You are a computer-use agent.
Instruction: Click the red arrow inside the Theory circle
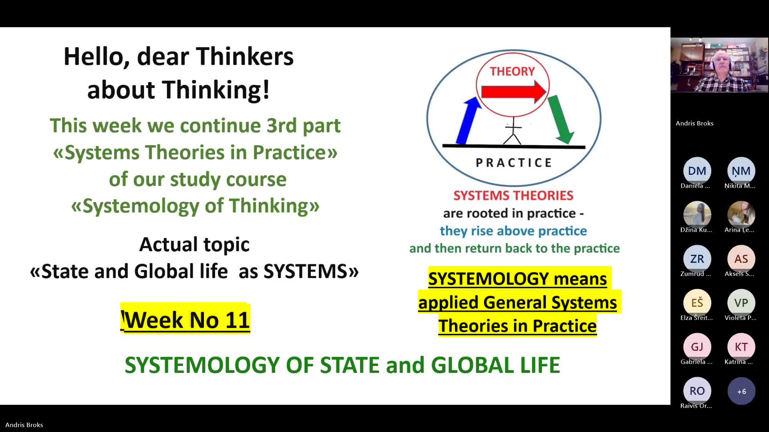[x=514, y=92]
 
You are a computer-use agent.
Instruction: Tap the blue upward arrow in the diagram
[x=469, y=120]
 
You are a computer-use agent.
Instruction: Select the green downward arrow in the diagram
[x=561, y=119]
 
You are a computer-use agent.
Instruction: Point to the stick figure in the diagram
[x=512, y=130]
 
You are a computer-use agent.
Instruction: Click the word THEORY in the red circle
[x=512, y=71]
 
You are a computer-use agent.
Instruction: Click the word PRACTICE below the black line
[x=514, y=163]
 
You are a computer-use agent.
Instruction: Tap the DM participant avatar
[x=697, y=171]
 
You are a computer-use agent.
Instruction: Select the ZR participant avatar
[x=697, y=259]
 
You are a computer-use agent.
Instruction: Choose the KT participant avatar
[x=741, y=347]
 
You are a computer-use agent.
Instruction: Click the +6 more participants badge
[x=741, y=391]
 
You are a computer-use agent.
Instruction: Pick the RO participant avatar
[x=697, y=391]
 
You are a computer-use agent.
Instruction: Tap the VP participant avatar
[x=741, y=303]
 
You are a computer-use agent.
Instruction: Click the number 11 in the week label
[x=238, y=320]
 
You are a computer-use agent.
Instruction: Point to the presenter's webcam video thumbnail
[x=719, y=65]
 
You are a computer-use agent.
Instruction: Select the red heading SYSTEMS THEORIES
[x=513, y=195]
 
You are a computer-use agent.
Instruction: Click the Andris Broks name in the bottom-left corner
[x=24, y=425]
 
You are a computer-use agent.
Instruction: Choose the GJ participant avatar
[x=697, y=347]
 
